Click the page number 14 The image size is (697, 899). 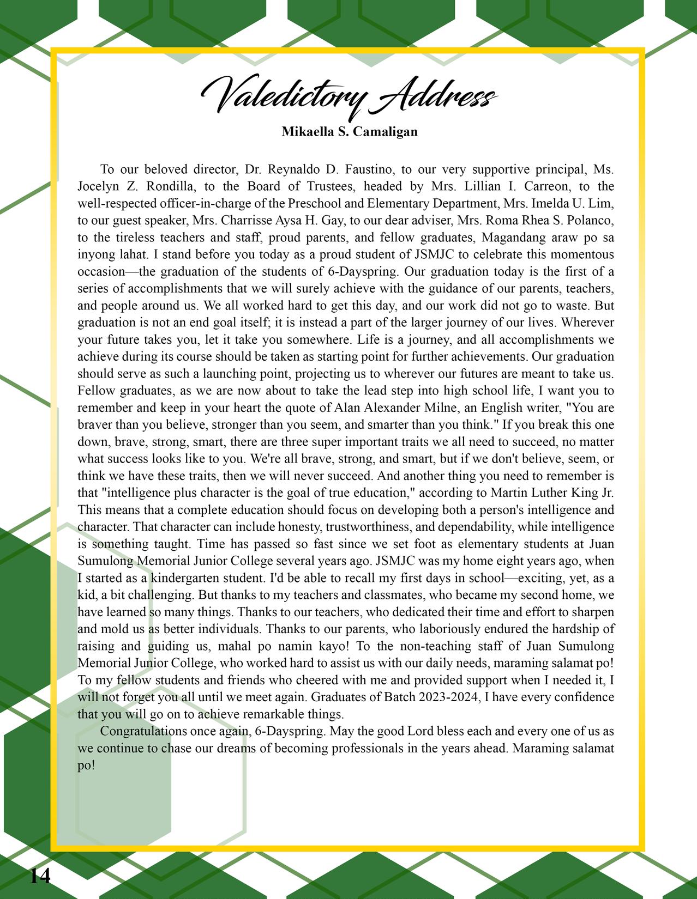pos(39,876)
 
